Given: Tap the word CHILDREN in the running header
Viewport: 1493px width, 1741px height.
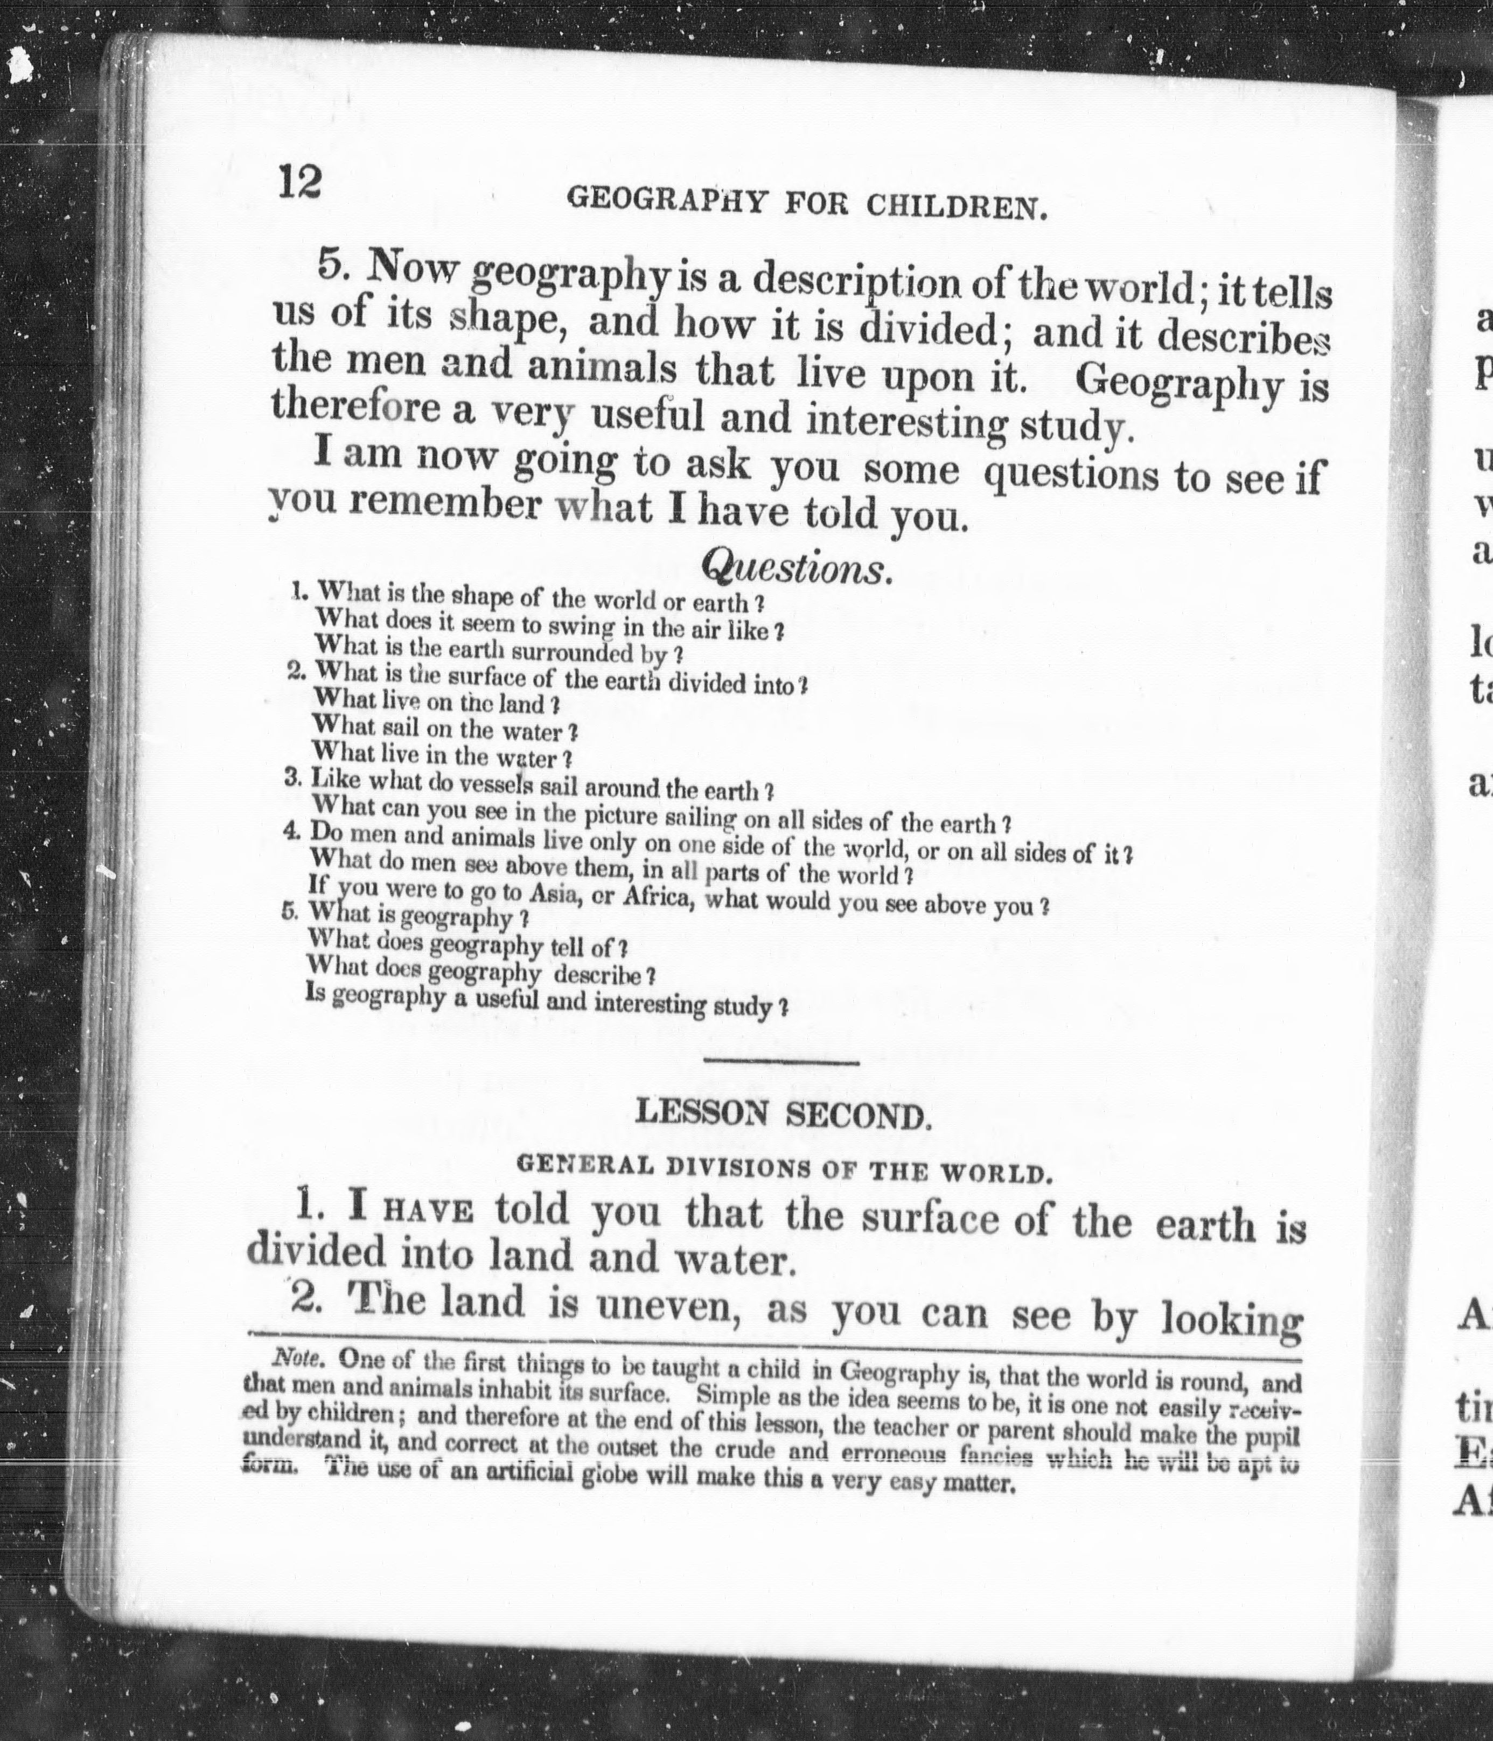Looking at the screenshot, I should pos(957,206).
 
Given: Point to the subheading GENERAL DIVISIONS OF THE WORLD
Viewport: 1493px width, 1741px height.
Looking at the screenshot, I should pos(784,1168).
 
